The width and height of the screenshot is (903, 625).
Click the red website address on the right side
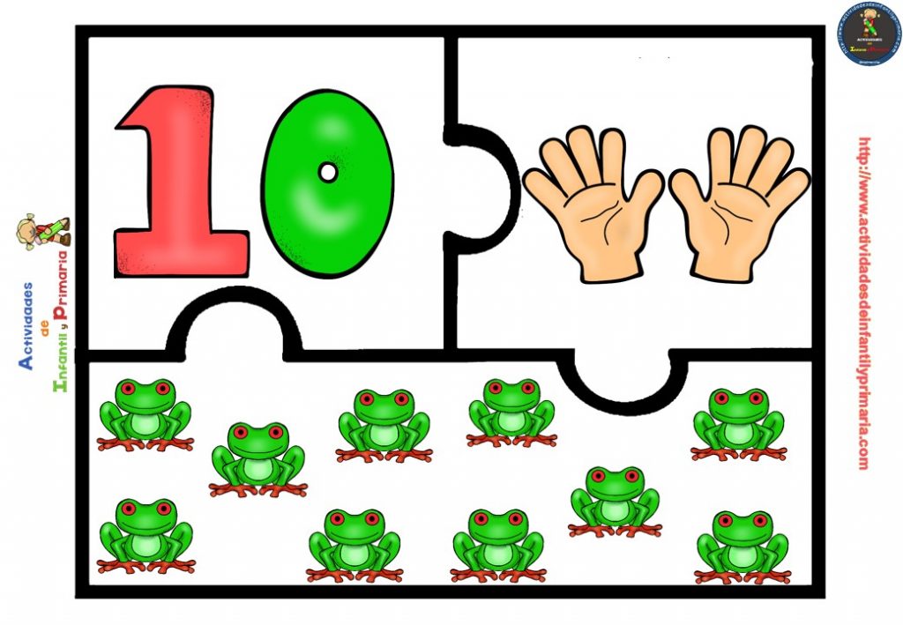862,304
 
